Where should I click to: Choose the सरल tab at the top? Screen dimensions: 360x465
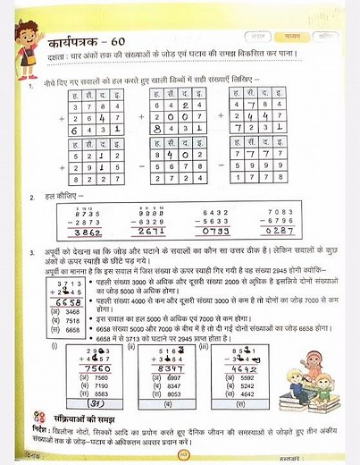259,38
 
